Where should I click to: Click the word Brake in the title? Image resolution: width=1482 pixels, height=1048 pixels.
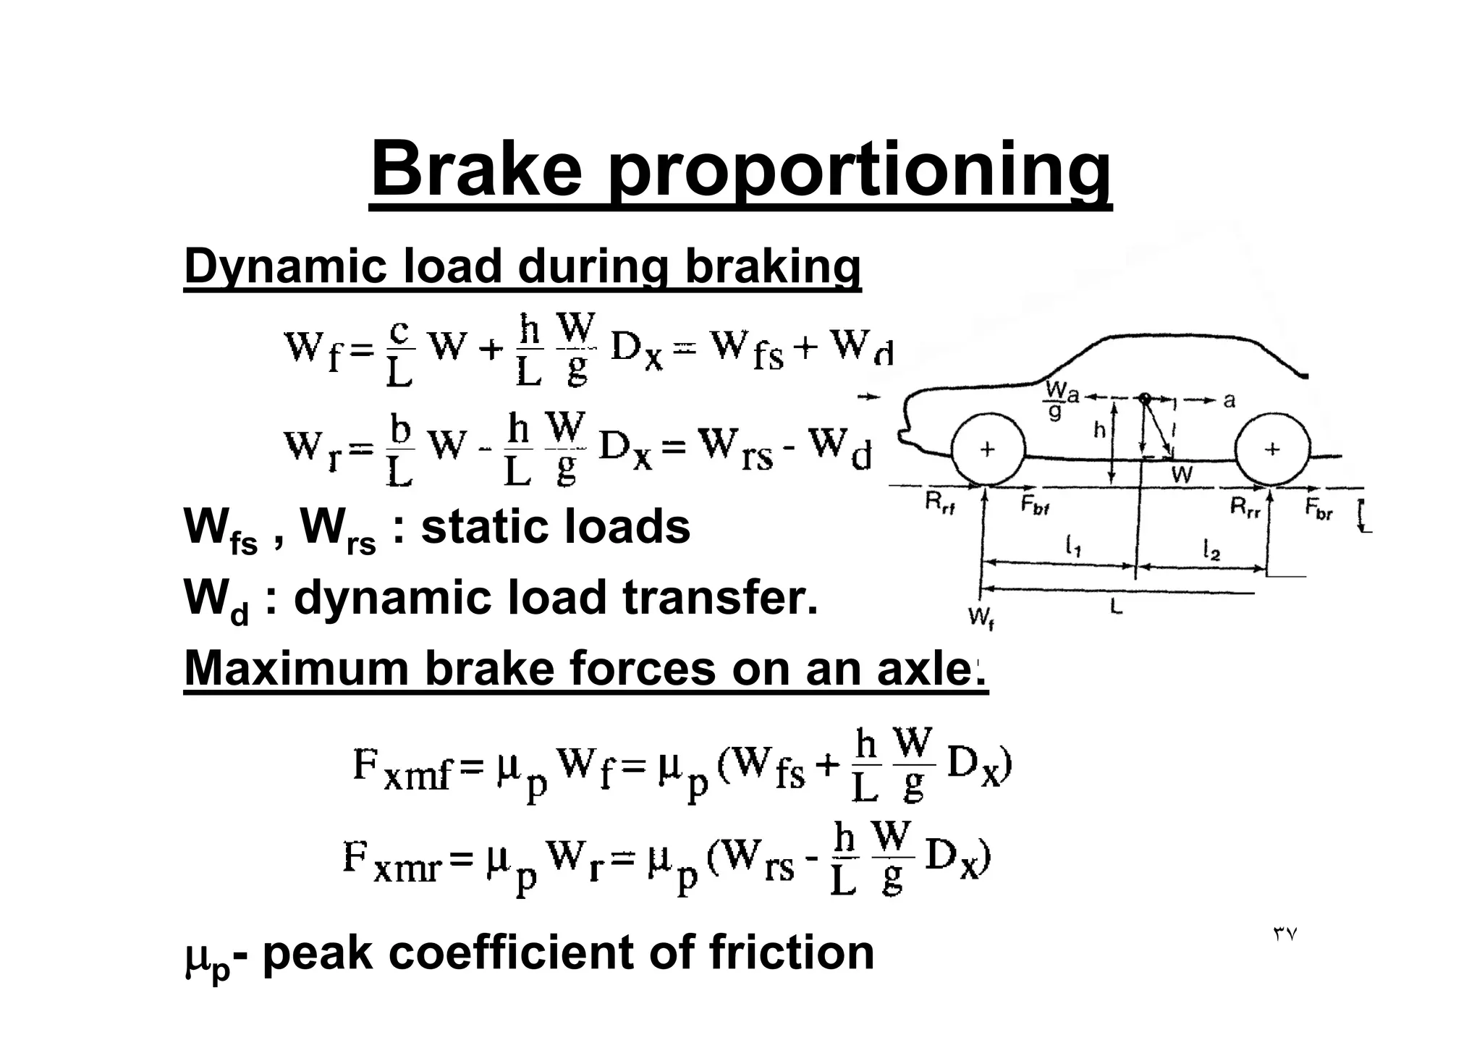(475, 170)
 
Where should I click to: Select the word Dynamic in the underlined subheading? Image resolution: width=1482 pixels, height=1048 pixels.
(281, 266)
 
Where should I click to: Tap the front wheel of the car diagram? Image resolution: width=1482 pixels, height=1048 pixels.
(987, 450)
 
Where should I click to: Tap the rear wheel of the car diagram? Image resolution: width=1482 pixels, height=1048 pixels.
(1272, 450)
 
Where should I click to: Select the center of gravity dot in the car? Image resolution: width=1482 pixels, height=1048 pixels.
(1144, 397)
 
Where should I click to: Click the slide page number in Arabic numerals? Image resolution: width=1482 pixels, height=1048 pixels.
(1285, 934)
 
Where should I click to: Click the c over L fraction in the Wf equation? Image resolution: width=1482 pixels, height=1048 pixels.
(399, 352)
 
